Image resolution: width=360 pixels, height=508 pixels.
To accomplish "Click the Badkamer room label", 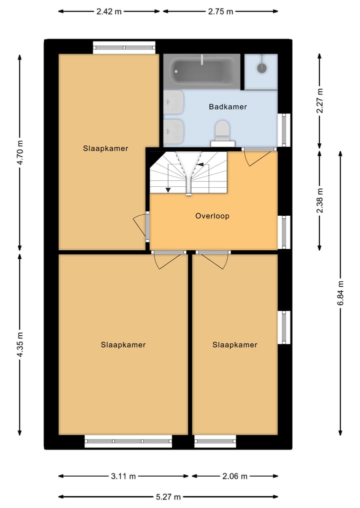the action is point(227,106).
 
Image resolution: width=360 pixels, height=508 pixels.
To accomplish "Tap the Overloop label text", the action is point(212,216).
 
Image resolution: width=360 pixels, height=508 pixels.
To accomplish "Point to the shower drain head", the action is point(261,68).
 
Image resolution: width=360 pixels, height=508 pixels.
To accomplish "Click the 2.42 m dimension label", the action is point(109,11).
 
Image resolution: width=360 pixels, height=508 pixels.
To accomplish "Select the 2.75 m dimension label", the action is point(220,11).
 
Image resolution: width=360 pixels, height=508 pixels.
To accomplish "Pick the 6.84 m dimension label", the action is point(340,293).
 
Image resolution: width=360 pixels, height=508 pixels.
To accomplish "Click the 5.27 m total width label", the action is point(168,497).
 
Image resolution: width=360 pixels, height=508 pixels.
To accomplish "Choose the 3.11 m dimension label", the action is point(123,476).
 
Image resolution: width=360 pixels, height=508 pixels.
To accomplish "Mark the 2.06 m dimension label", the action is point(235,476).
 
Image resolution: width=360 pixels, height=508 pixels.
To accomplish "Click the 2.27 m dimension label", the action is point(320,100).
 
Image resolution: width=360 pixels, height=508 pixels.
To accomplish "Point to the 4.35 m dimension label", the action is point(20,344).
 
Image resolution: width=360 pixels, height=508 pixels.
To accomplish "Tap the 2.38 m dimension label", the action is point(320,200).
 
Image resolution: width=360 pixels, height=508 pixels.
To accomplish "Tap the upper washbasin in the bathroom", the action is point(173,102).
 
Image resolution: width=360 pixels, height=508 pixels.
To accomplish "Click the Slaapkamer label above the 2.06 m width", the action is point(235,345).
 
